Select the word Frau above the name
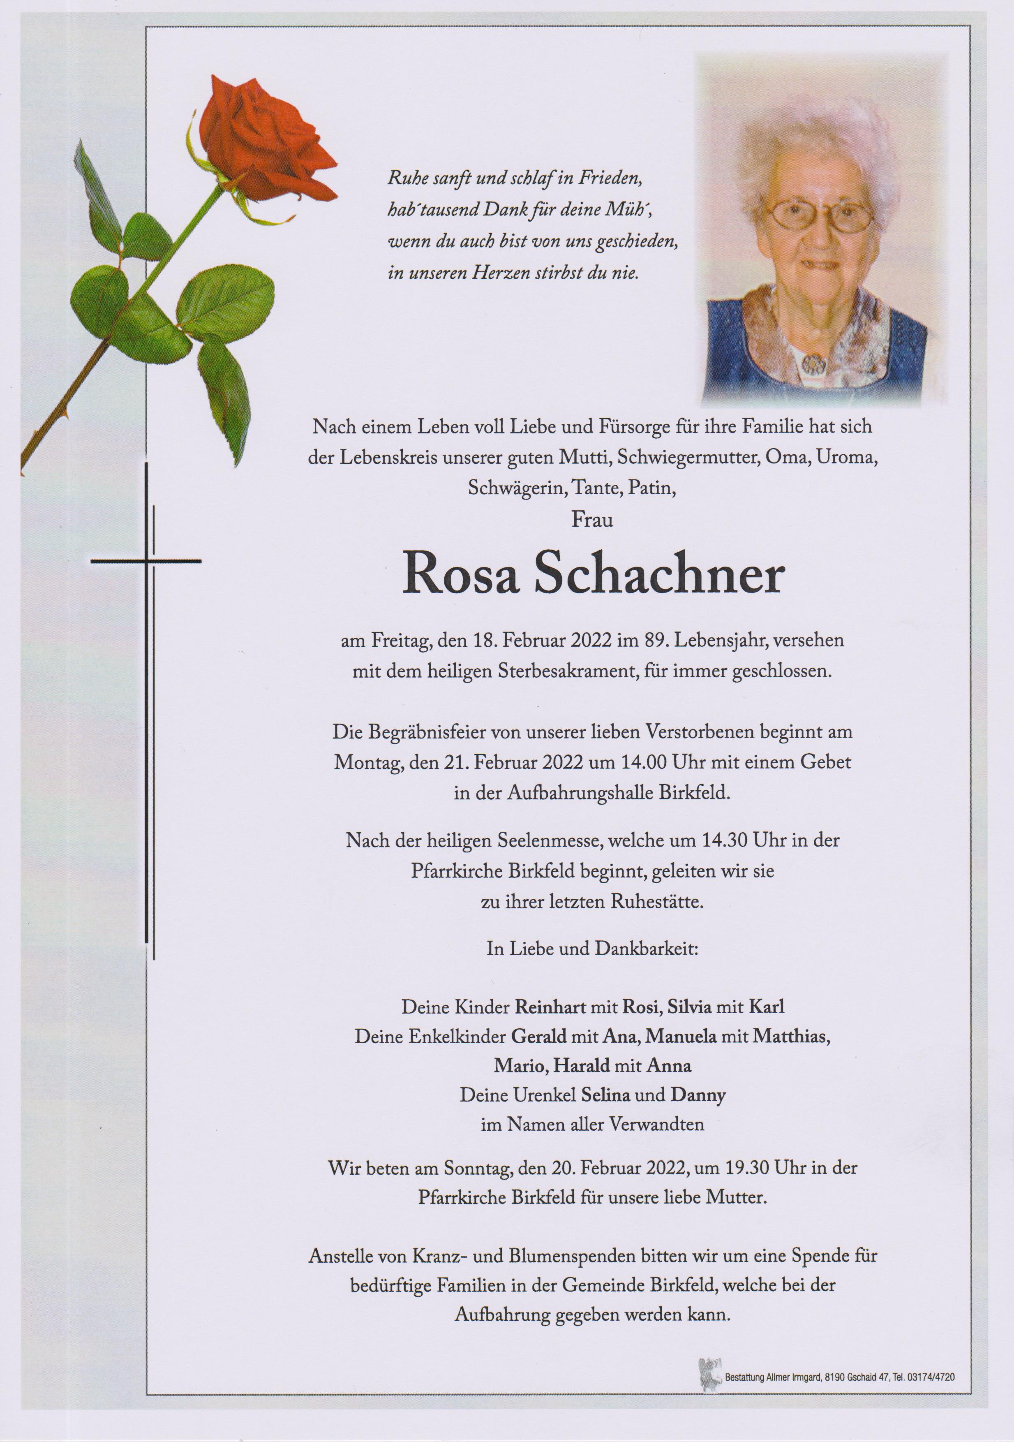pyautogui.click(x=592, y=520)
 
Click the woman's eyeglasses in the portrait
pyautogui.click(x=819, y=215)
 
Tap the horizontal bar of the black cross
pyautogui.click(x=146, y=560)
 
